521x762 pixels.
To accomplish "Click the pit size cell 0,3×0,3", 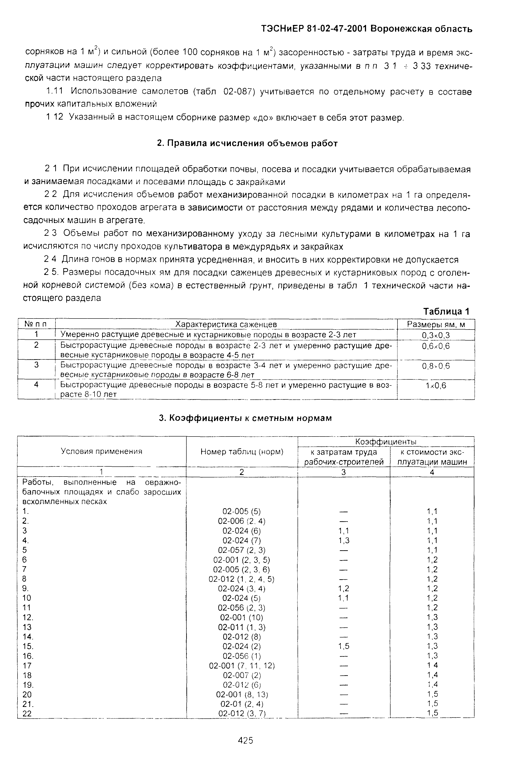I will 436,335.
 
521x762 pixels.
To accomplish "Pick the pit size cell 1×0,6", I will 436,385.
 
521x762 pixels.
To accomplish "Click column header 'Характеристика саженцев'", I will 226,324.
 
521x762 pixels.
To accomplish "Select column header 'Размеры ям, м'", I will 436,324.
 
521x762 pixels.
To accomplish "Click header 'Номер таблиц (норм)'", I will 242,452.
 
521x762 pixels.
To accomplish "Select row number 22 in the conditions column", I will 27,713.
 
